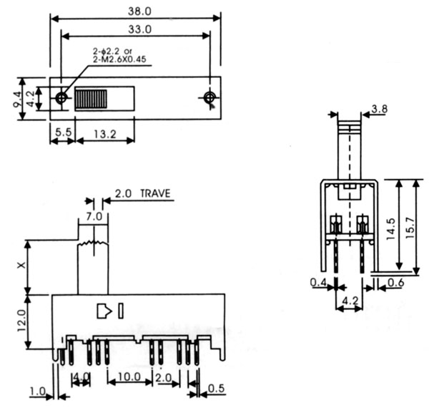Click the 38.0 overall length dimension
click(x=139, y=11)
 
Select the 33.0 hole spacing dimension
click(x=139, y=29)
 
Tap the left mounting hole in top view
click(x=61, y=97)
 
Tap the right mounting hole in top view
click(x=209, y=97)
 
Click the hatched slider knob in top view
click(x=91, y=99)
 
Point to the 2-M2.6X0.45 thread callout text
click(x=119, y=59)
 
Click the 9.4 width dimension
click(x=17, y=99)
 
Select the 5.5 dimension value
click(x=63, y=132)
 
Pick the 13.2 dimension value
click(x=105, y=134)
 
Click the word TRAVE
click(x=155, y=193)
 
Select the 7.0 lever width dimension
click(x=94, y=217)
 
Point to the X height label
click(x=21, y=265)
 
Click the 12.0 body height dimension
click(x=21, y=321)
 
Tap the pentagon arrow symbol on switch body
click(x=104, y=311)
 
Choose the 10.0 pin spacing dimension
click(x=129, y=377)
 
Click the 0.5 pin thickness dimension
click(x=216, y=388)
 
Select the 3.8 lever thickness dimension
click(x=380, y=109)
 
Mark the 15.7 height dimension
click(x=410, y=228)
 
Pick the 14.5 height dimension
click(x=390, y=229)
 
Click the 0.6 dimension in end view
click(x=396, y=283)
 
